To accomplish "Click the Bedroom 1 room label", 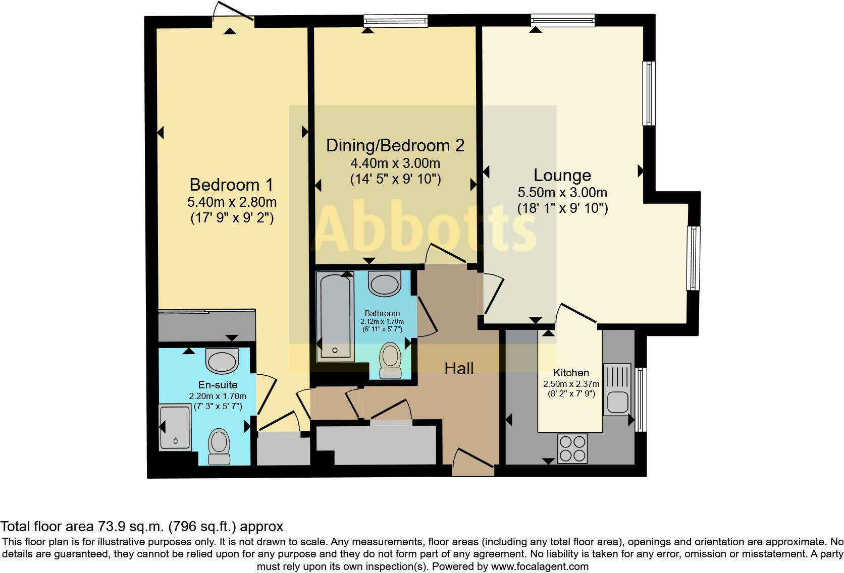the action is tap(231, 185).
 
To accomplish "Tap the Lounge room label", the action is tap(562, 176).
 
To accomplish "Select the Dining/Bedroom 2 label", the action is tap(395, 146).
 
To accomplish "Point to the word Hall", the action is tap(458, 368).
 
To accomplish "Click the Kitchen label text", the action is tap(571, 373).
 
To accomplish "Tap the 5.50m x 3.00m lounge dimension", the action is tap(562, 192).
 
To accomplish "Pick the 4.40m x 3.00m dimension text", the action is tap(395, 163).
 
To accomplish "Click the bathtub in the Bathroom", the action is tap(335, 318).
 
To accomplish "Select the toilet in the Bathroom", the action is tap(390, 360).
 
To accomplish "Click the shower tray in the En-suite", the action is tap(175, 427).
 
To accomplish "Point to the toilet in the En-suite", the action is tap(219, 446).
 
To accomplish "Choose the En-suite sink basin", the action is tap(222, 361).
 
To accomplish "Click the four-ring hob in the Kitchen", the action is tap(572, 448).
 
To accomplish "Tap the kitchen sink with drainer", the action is tap(617, 389).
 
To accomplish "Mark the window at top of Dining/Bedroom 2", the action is tap(396, 20).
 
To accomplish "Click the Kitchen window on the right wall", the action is tap(641, 399).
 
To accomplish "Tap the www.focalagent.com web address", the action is tap(540, 566).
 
